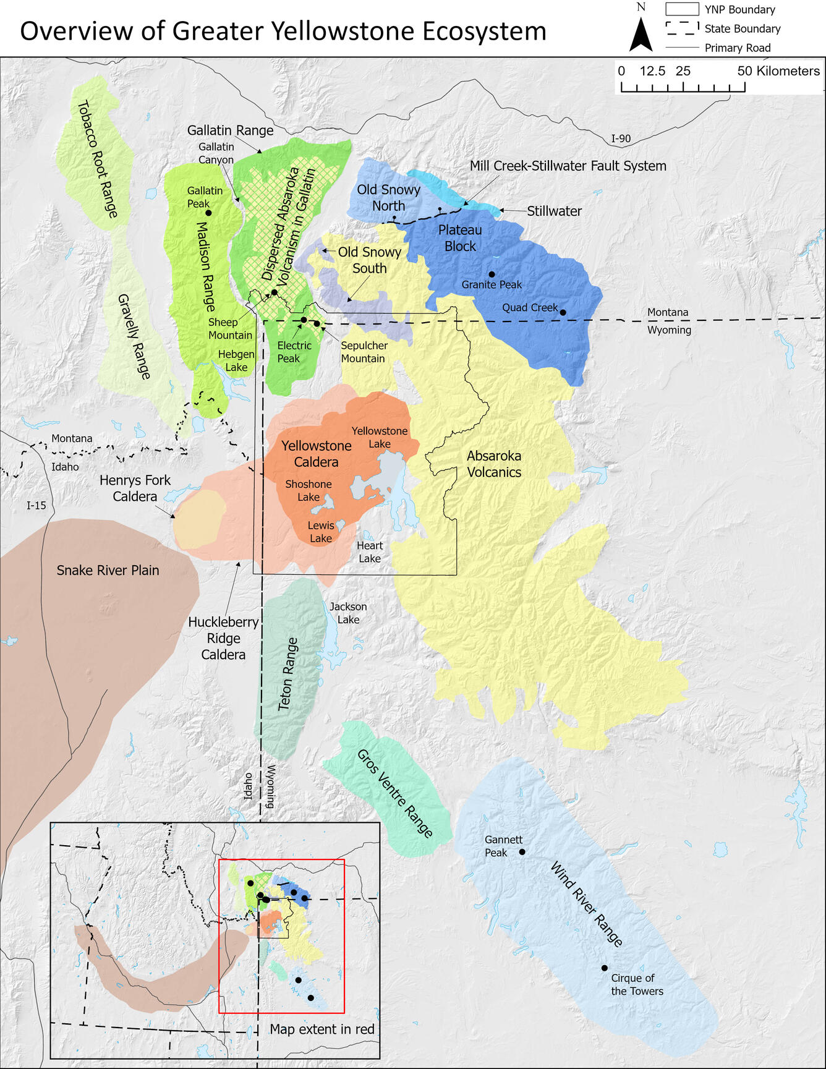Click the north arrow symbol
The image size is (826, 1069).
(641, 35)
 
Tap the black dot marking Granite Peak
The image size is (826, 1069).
(492, 274)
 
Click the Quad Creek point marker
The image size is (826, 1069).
(563, 312)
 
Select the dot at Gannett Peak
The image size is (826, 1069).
(522, 852)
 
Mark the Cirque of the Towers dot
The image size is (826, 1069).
(605, 968)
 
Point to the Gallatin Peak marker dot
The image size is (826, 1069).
(208, 213)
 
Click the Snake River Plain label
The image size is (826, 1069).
(108, 570)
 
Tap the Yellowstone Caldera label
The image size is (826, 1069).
(316, 454)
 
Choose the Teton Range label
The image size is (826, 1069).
(287, 674)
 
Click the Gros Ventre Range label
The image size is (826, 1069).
(395, 793)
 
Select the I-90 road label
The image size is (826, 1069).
(621, 138)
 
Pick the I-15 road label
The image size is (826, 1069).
(36, 505)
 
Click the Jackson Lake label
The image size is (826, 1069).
(348, 613)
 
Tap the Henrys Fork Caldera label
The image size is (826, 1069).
(135, 488)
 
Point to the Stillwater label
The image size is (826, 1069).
(554, 211)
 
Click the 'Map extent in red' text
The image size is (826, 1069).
(322, 1029)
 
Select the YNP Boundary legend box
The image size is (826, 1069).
(681, 9)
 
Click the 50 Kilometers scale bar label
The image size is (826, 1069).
(778, 71)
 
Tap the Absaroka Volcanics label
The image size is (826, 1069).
(494, 464)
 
